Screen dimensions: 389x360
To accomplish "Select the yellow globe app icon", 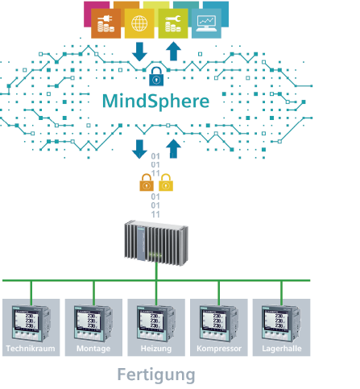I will tap(139, 23).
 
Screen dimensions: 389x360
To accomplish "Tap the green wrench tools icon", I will tap(172, 23).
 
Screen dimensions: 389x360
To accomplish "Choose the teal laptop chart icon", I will tap(205, 23).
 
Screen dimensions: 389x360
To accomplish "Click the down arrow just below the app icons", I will tap(139, 52).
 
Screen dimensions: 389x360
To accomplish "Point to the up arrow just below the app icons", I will tap(172, 52).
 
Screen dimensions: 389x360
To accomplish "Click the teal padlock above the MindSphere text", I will tap(155, 77).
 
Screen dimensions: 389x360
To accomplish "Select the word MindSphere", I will tap(155, 102).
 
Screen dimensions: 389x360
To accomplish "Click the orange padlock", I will tap(147, 182).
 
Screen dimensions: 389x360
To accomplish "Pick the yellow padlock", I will tap(166, 182).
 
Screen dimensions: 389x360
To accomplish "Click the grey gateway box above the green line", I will tap(155, 242).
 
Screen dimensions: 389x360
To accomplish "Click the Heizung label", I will tap(155, 350).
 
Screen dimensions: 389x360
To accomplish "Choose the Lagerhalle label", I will tap(281, 350).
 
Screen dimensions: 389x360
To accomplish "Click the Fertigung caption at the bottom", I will tap(155, 375).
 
